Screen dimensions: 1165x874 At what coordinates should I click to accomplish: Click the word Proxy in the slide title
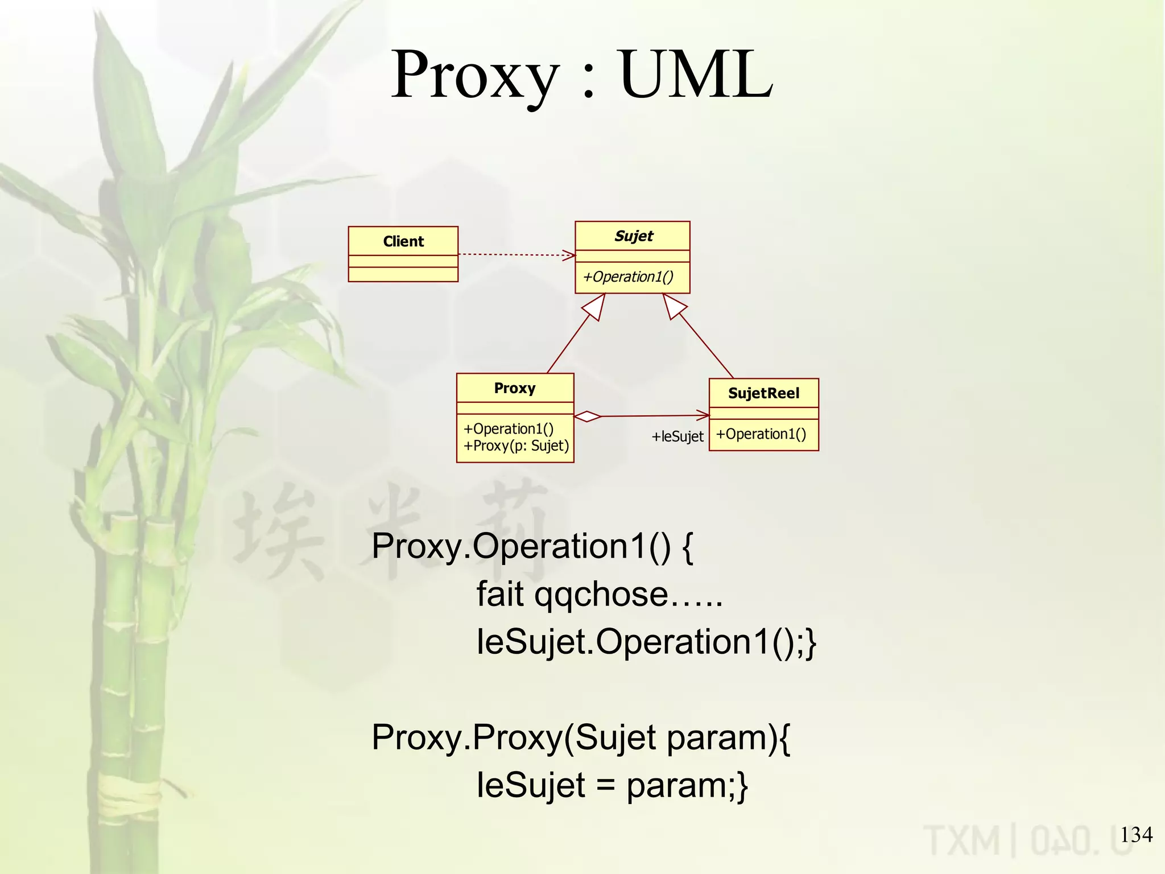click(x=475, y=76)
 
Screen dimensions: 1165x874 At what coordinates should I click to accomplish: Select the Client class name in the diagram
click(x=403, y=241)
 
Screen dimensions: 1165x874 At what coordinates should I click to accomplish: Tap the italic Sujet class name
click(x=634, y=236)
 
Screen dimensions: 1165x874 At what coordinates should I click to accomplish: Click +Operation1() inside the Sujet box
click(x=628, y=277)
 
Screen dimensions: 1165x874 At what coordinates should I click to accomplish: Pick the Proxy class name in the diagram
click(x=515, y=388)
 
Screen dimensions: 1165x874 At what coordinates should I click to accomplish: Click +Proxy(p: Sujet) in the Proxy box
click(x=516, y=446)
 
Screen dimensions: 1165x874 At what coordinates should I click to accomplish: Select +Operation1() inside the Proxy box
click(x=508, y=429)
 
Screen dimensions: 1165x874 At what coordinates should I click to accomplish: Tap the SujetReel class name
click(x=763, y=393)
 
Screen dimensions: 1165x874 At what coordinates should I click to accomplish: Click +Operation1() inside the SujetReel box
click(x=761, y=434)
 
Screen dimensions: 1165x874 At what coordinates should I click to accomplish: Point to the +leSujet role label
click(x=677, y=436)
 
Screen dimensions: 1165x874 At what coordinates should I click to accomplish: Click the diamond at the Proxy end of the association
click(x=588, y=417)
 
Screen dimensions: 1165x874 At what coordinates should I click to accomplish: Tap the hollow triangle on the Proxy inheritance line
click(x=594, y=307)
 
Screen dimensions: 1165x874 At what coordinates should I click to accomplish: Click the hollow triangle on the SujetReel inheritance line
click(x=674, y=306)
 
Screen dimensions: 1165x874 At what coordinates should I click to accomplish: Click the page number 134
click(x=1136, y=835)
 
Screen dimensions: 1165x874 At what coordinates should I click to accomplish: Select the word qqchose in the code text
click(x=601, y=595)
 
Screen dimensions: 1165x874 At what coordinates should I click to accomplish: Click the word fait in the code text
click(x=500, y=594)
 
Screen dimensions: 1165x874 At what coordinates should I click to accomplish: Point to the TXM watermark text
click(x=961, y=840)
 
